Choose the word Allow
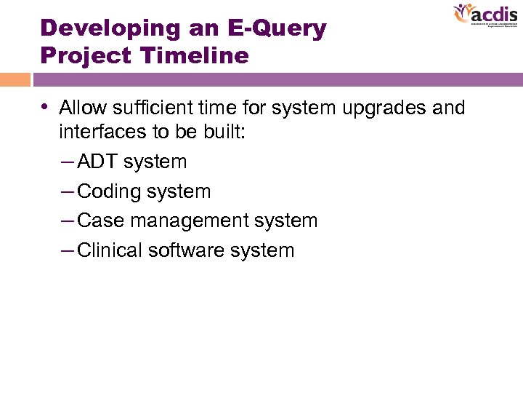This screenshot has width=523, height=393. pyautogui.click(x=81, y=108)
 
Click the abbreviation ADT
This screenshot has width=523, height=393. pyautogui.click(x=97, y=162)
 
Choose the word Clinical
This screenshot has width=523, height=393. pyautogui.click(x=110, y=250)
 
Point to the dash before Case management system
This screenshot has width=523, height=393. pyautogui.click(x=68, y=221)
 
